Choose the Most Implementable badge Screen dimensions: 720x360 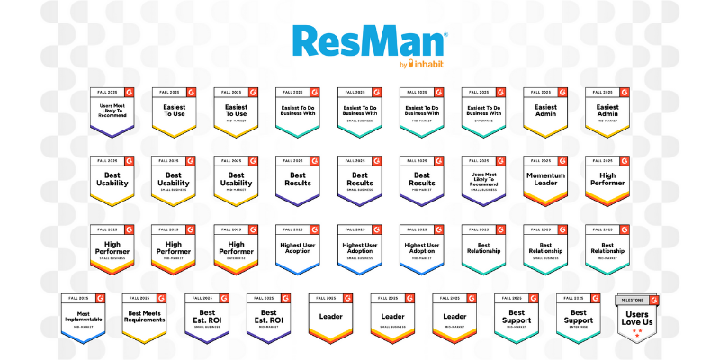(84, 318)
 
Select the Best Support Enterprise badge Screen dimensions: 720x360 (578, 318)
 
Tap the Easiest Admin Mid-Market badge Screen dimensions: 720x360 (607, 112)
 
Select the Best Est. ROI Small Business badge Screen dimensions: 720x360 (207, 318)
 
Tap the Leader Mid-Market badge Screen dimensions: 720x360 (454, 318)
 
